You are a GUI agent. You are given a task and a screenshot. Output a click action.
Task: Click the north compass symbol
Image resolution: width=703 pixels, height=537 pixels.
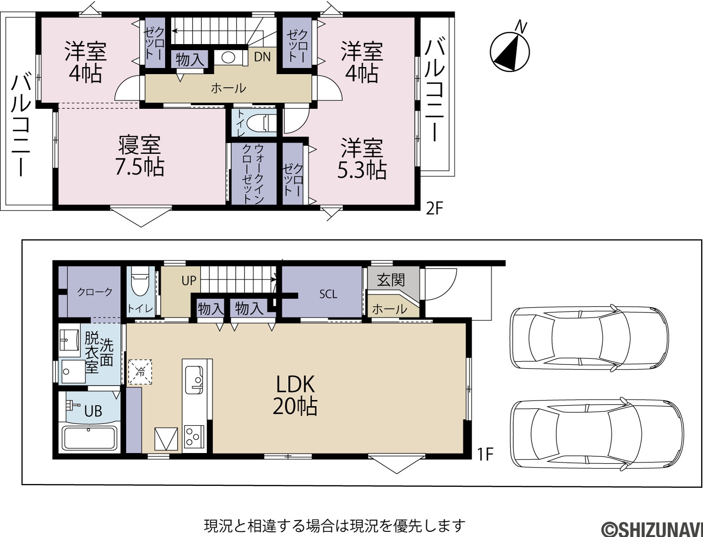pyautogui.click(x=510, y=48)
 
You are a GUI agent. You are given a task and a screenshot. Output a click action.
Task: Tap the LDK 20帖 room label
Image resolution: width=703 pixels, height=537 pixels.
pyautogui.click(x=295, y=395)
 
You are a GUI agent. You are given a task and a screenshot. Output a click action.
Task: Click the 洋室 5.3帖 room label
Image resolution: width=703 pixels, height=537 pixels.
pyautogui.click(x=362, y=158)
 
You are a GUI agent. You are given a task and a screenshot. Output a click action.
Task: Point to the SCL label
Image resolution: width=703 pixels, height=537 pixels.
pyautogui.click(x=328, y=294)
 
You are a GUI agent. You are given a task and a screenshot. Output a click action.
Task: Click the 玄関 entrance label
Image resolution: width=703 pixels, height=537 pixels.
pyautogui.click(x=391, y=280)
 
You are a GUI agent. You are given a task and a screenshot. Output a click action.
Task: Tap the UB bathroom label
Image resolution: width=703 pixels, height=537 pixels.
pyautogui.click(x=93, y=411)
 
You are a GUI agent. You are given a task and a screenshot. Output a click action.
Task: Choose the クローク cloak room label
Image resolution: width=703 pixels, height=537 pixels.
pyautogui.click(x=95, y=292)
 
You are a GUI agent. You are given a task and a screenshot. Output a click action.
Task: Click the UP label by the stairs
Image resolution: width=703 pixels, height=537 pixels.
pyautogui.click(x=189, y=280)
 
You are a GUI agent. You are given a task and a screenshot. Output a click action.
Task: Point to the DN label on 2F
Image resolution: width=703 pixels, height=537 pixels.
pyautogui.click(x=262, y=57)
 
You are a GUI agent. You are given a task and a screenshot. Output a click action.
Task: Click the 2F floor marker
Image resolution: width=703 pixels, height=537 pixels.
pyautogui.click(x=434, y=209)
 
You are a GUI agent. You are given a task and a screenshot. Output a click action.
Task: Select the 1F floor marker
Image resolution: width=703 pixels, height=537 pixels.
pyautogui.click(x=486, y=454)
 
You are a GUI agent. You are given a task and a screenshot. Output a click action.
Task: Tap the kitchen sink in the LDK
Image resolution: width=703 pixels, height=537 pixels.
pyautogui.click(x=194, y=380)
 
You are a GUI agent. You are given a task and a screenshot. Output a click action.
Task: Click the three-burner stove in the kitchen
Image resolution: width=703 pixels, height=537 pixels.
pyautogui.click(x=194, y=436)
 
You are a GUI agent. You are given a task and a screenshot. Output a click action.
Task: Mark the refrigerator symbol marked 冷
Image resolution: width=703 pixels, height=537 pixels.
pyautogui.click(x=140, y=372)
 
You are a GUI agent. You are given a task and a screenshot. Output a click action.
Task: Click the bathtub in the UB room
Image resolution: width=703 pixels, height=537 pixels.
pyautogui.click(x=90, y=438)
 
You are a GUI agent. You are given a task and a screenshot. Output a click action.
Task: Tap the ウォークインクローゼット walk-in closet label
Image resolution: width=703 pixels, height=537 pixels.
pyautogui.click(x=253, y=174)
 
